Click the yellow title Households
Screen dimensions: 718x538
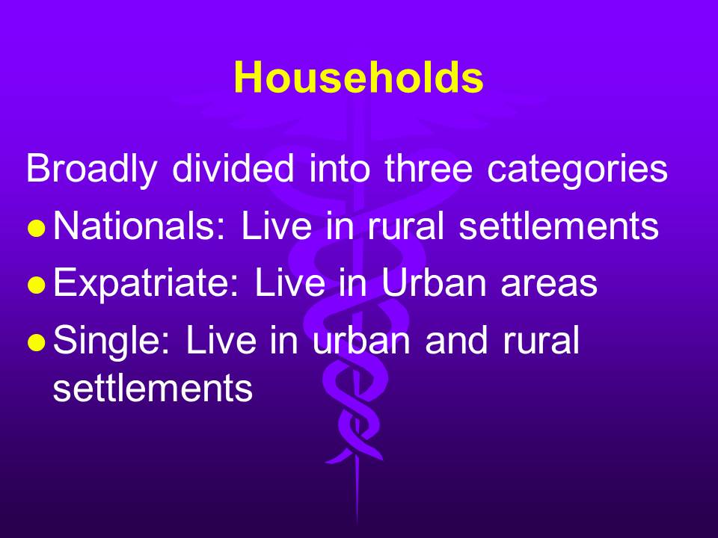(358, 77)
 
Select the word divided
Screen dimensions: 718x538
(233, 168)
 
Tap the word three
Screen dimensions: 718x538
(428, 168)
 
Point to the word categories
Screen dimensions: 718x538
(577, 170)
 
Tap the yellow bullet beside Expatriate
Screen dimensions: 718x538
(37, 285)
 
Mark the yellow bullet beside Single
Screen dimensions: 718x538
(37, 341)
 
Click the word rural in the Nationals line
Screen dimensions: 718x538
(405, 225)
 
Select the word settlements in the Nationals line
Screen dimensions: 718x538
(559, 225)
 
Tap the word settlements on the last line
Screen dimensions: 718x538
(153, 387)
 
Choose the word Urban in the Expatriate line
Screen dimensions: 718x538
(434, 282)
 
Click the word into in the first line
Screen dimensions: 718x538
(340, 168)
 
